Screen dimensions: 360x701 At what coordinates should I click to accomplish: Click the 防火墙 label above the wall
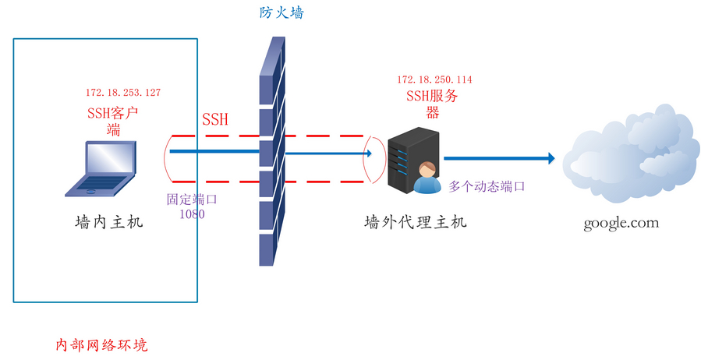coord(281,13)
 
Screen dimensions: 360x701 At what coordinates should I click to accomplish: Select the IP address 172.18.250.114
coord(434,79)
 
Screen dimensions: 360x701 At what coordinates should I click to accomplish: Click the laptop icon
coord(102,167)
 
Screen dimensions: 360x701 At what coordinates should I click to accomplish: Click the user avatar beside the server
coord(426,178)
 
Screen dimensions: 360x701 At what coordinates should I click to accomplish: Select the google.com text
coord(621,223)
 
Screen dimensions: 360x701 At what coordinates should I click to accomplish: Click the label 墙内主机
coord(109,223)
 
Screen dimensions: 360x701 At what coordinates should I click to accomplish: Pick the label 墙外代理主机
coord(416,222)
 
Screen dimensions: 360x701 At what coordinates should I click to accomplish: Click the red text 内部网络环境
coord(102,344)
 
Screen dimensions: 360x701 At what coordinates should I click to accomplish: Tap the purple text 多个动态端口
coord(487,187)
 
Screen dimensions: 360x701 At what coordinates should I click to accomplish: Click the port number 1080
coord(192,213)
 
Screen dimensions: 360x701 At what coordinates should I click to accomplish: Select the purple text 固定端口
coord(192,199)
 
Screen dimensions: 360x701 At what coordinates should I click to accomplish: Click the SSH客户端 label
coord(113,121)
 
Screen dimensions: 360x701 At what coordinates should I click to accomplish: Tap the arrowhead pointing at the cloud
coord(551,158)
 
